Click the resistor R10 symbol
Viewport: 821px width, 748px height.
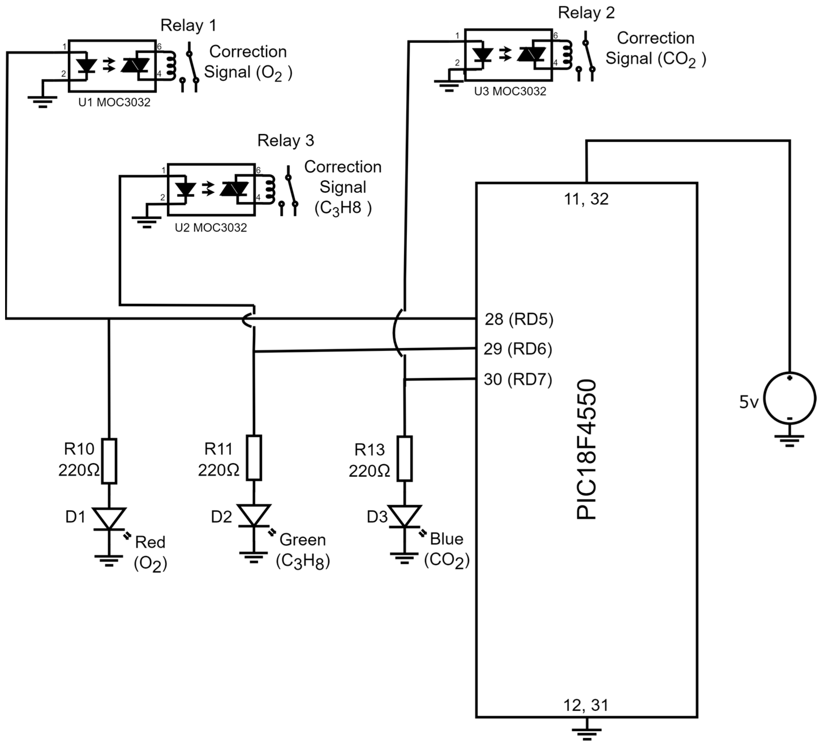click(109, 461)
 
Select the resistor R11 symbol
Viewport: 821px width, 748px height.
click(254, 457)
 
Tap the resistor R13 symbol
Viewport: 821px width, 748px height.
click(404, 458)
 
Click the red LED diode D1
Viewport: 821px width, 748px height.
click(109, 519)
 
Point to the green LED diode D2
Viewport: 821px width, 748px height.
click(254, 516)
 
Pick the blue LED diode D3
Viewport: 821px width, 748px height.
click(404, 517)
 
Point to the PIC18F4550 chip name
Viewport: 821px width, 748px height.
click(586, 449)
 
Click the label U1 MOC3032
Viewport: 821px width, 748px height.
click(114, 102)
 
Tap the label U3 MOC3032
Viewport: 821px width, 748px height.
click(510, 91)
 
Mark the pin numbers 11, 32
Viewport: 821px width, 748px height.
click(586, 199)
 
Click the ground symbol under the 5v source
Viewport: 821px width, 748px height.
click(789, 440)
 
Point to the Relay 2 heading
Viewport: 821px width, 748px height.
click(586, 13)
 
